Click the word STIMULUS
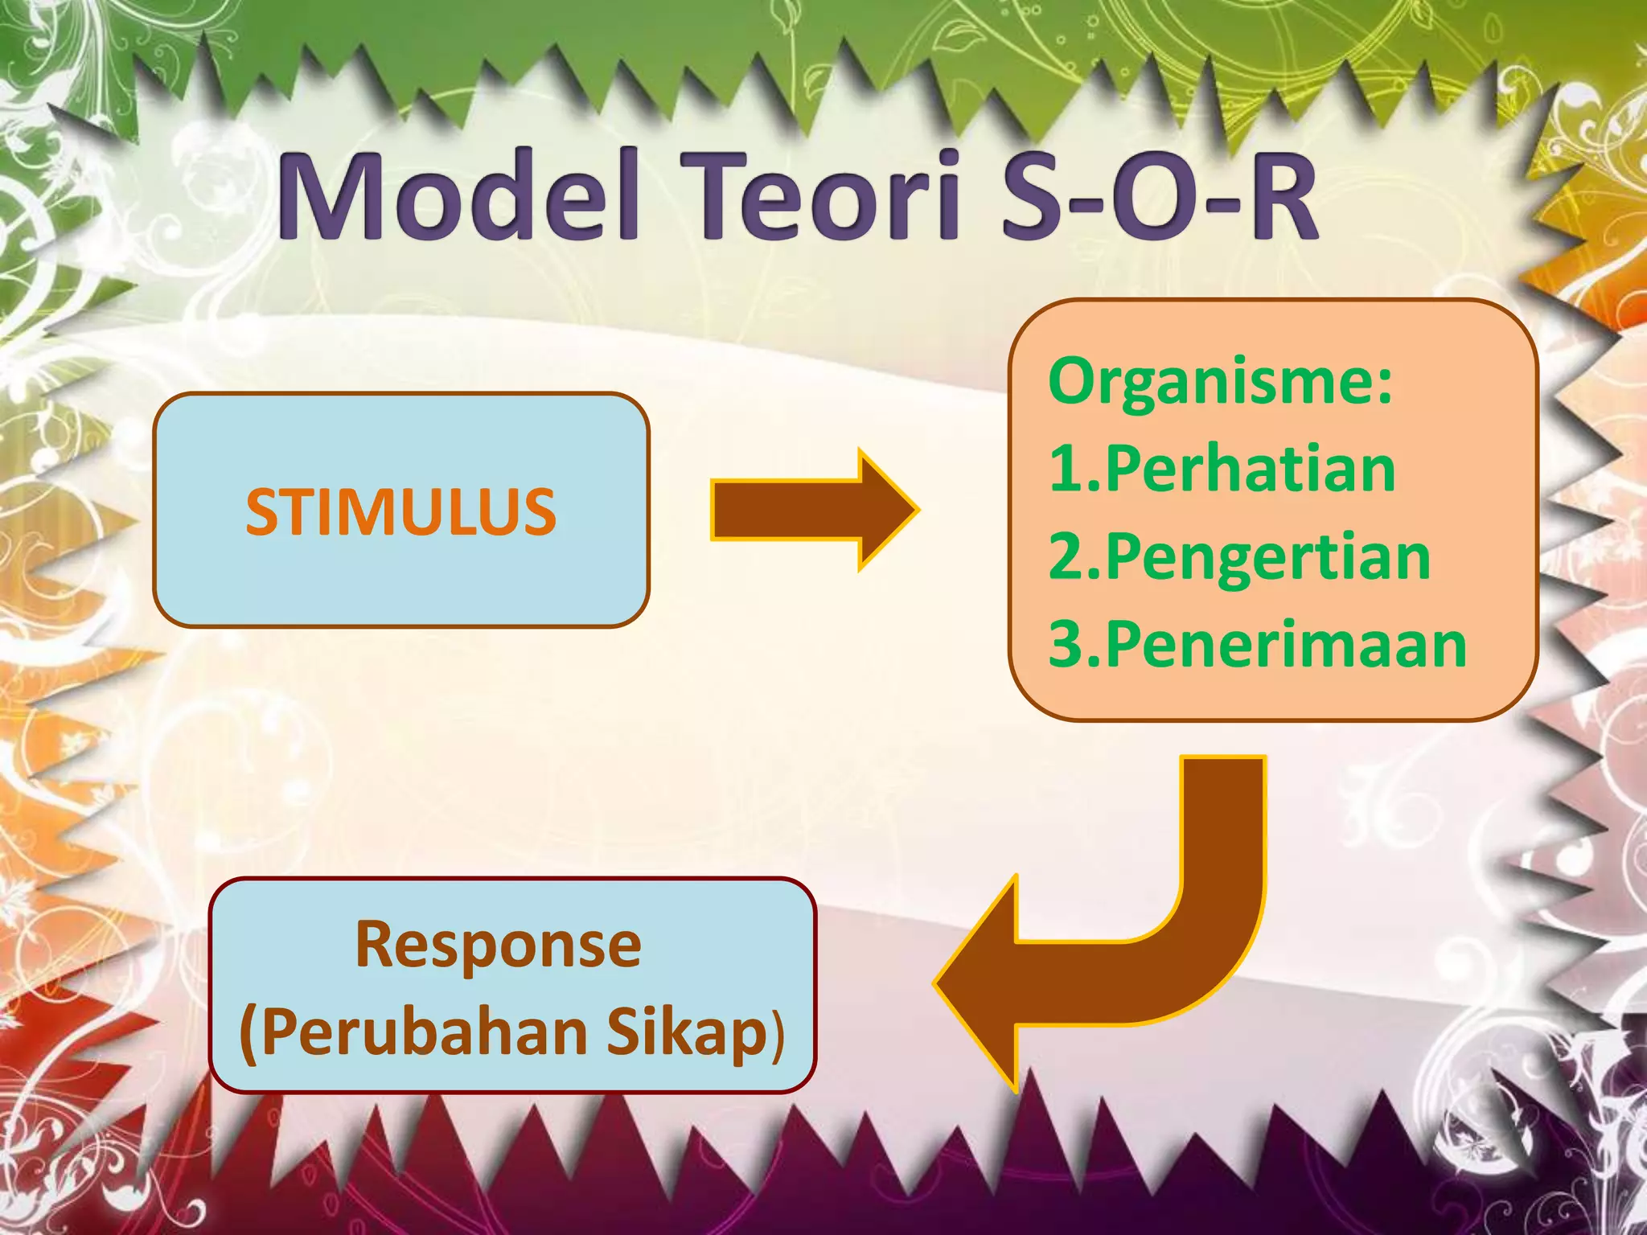[400, 511]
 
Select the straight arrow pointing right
[812, 510]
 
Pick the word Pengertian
[1268, 557]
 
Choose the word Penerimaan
[1287, 645]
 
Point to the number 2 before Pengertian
[1068, 557]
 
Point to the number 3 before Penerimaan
[1068, 645]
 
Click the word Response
[499, 944]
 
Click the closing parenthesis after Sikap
[777, 1037]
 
